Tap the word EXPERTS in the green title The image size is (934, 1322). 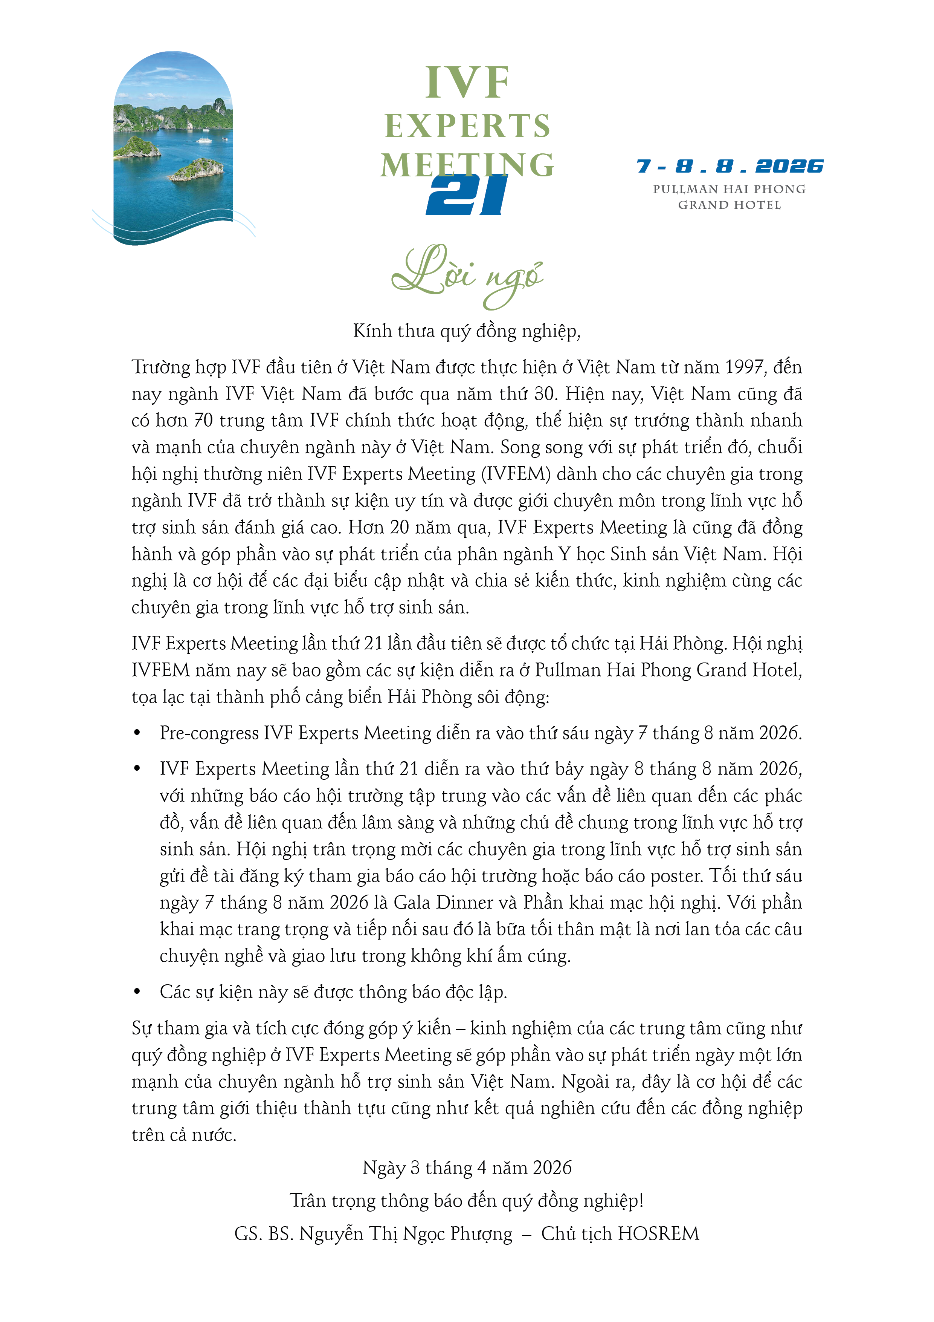pyautogui.click(x=467, y=126)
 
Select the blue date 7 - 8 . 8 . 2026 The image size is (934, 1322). pyautogui.click(x=730, y=167)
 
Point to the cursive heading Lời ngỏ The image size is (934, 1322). pyautogui.click(x=467, y=275)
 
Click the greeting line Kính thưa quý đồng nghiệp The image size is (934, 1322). pyautogui.click(x=467, y=331)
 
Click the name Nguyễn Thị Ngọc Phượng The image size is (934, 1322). pyautogui.click(x=406, y=1233)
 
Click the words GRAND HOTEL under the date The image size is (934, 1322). pyautogui.click(x=729, y=205)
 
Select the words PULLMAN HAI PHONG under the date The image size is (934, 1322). pyautogui.click(x=729, y=189)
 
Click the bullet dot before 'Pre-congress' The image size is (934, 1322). pyautogui.click(x=137, y=733)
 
